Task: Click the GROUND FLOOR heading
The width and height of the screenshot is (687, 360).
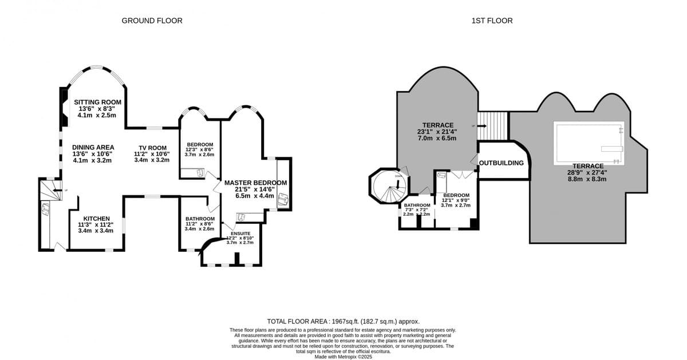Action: pos(152,21)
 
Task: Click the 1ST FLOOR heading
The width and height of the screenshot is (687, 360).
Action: pos(491,21)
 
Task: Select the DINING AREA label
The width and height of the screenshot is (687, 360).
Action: pos(93,147)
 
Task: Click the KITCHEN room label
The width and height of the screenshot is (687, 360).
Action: pos(96,219)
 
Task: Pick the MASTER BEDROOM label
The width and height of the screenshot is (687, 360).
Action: pos(255,183)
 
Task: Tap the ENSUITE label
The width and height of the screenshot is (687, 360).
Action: pos(240,234)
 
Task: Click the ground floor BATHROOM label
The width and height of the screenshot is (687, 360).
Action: pos(200,219)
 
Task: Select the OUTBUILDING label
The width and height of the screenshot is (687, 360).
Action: pos(502,163)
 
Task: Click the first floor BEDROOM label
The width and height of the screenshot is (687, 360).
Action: pos(456,195)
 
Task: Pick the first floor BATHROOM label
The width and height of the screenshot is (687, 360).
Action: pos(417,205)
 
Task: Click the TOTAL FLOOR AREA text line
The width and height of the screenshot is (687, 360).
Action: pos(347,322)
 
